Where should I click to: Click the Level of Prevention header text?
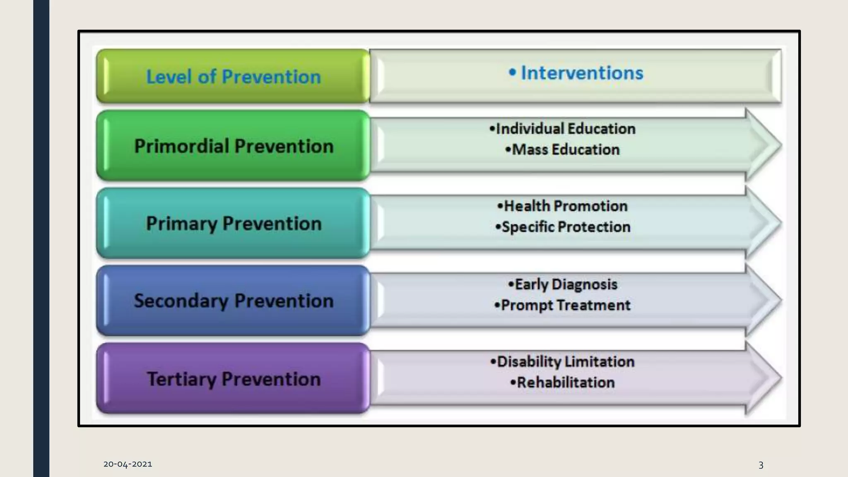(x=234, y=77)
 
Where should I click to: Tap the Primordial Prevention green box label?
(x=234, y=146)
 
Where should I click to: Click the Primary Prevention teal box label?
(x=234, y=224)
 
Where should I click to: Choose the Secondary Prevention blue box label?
(x=234, y=301)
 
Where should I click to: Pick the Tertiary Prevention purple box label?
(x=234, y=379)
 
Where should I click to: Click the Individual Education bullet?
(x=562, y=129)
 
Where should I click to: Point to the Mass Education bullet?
(x=562, y=149)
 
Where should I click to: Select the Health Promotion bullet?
(x=562, y=206)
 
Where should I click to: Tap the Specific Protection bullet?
(x=562, y=227)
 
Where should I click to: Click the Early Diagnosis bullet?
(x=562, y=284)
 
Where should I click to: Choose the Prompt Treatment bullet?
(x=562, y=305)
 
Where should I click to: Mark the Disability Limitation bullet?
(x=562, y=361)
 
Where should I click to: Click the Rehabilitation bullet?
(x=562, y=382)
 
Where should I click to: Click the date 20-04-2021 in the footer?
(x=128, y=464)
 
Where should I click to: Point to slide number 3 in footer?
(x=761, y=465)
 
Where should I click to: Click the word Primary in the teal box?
(x=181, y=224)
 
